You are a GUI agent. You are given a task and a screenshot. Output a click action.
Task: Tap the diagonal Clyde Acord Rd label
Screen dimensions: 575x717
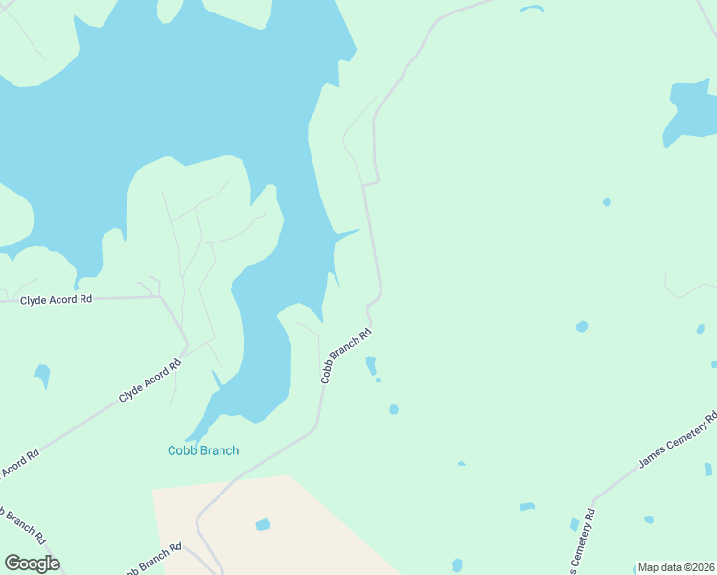tap(150, 381)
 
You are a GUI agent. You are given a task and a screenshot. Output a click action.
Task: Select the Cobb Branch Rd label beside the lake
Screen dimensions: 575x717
tap(345, 357)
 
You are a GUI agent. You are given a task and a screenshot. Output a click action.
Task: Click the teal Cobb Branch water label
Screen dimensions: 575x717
tap(203, 450)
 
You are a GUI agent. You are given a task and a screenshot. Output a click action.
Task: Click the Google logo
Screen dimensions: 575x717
tap(32, 563)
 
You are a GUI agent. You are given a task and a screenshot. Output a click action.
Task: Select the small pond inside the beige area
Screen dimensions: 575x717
tap(263, 524)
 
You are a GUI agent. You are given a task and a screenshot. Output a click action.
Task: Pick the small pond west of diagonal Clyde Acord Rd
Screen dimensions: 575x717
tap(42, 374)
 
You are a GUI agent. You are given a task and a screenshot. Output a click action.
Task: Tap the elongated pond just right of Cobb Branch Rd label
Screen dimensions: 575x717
tap(371, 365)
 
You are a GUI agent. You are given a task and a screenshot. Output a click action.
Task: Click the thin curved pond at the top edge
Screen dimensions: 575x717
tap(531, 10)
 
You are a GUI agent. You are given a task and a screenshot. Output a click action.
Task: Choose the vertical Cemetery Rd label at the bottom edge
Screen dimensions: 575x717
tap(581, 542)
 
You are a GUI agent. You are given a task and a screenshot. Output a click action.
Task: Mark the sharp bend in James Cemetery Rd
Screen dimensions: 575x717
tap(594, 500)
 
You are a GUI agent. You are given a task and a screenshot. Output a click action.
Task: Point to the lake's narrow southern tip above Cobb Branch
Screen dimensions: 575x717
tap(196, 436)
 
